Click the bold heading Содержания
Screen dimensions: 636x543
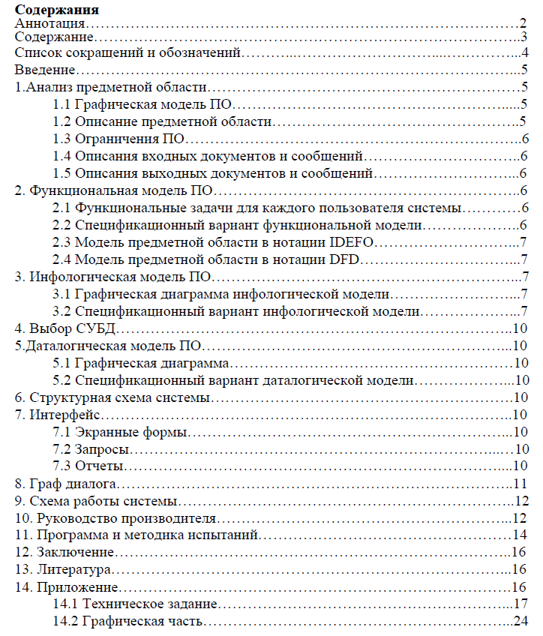click(x=57, y=10)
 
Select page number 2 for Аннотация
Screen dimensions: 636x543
click(x=523, y=25)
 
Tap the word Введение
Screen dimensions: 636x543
click(x=44, y=70)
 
